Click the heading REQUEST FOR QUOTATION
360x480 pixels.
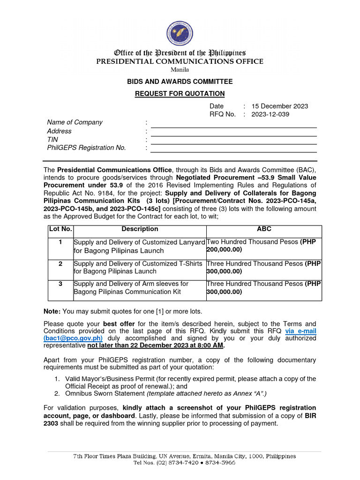[x=180, y=94]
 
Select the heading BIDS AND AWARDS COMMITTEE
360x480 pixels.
[x=180, y=82]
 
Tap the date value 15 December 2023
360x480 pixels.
[x=280, y=106]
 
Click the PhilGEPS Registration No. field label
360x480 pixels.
[x=87, y=148]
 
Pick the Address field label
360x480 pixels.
[x=60, y=131]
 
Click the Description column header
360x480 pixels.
[x=140, y=229]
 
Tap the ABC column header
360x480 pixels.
[x=264, y=229]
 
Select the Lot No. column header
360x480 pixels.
[x=60, y=229]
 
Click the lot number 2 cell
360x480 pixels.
[x=60, y=264]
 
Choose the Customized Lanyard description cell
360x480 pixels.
[x=139, y=246]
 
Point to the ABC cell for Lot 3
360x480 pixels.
[x=264, y=288]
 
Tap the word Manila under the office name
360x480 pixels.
[x=180, y=70]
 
